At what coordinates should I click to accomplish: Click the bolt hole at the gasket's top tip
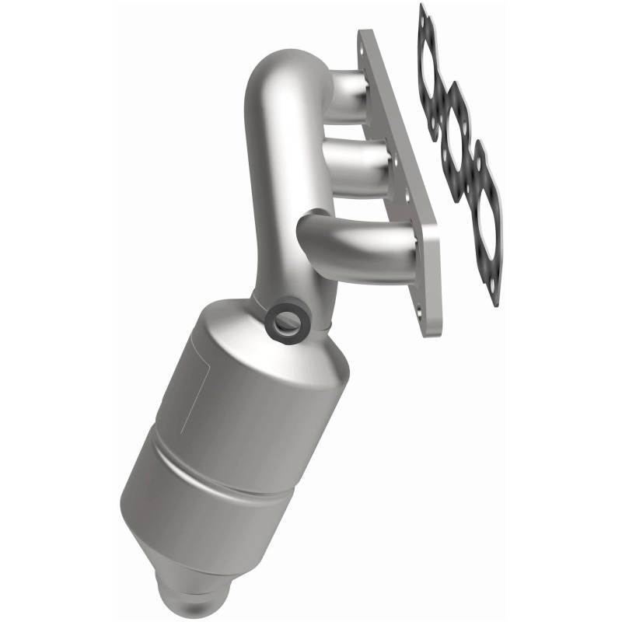[x=423, y=13]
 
